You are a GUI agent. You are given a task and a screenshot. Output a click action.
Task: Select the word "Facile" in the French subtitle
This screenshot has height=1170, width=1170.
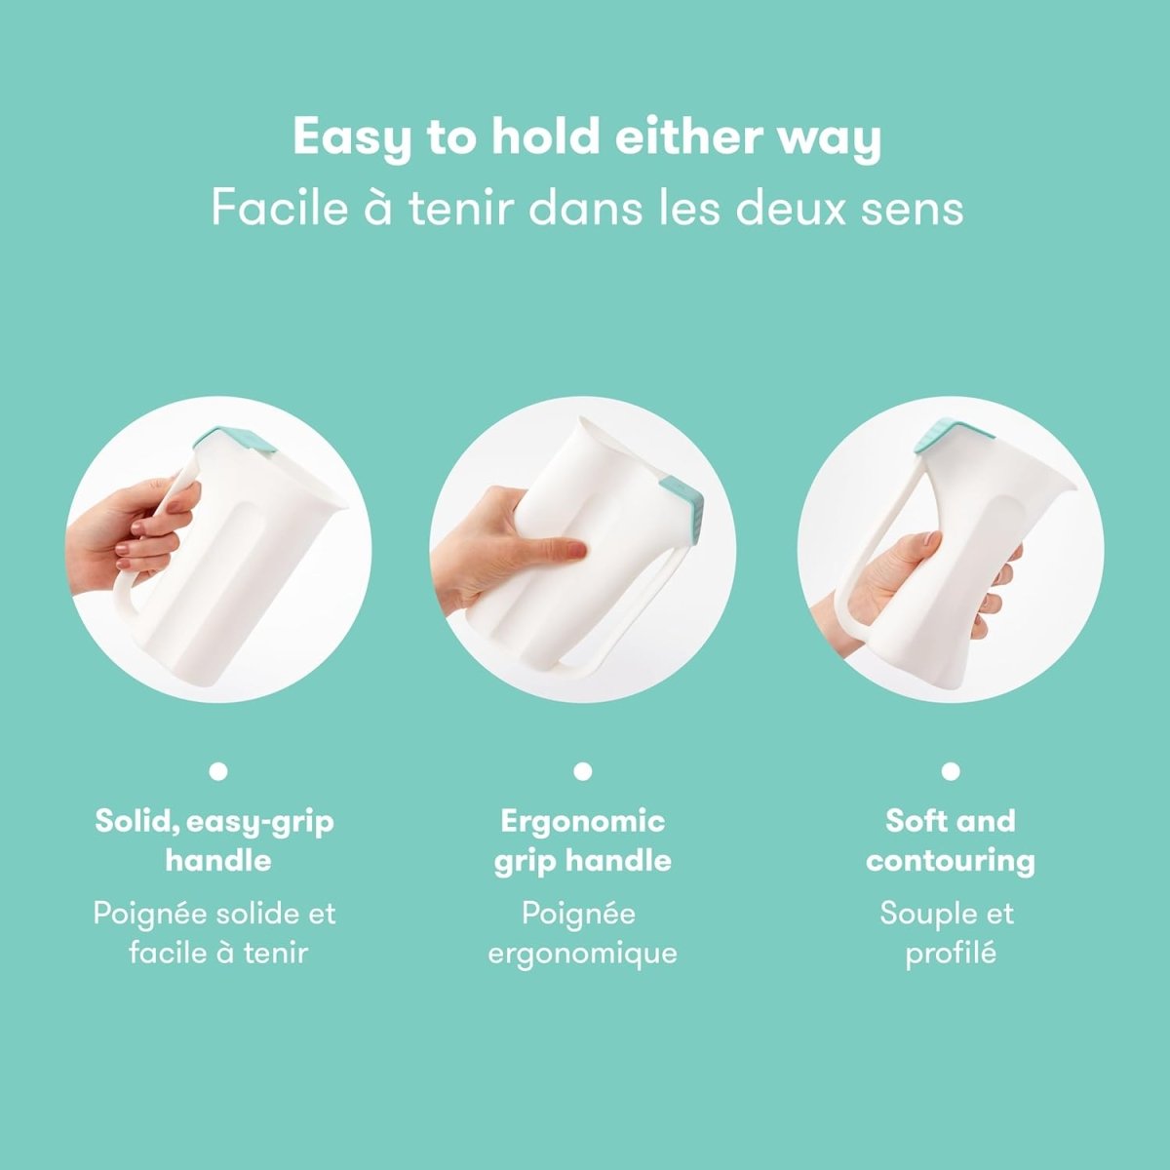tap(279, 208)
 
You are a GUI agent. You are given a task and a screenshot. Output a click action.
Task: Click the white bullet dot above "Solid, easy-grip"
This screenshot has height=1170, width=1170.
tap(218, 771)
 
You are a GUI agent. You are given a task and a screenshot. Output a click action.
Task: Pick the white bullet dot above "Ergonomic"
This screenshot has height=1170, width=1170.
tap(583, 771)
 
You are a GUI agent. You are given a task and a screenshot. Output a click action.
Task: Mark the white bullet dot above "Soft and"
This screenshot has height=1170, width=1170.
tap(951, 771)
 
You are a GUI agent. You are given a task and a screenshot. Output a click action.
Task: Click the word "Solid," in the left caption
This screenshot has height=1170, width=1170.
tap(136, 821)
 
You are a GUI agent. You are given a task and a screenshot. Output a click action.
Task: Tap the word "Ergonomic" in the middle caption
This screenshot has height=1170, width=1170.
tap(583, 821)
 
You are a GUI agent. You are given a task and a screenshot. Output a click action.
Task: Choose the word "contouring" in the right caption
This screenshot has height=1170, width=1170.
tap(951, 861)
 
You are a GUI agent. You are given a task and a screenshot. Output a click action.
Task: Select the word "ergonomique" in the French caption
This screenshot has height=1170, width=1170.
tap(583, 953)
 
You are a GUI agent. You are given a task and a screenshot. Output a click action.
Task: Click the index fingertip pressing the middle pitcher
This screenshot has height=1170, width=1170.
tap(575, 553)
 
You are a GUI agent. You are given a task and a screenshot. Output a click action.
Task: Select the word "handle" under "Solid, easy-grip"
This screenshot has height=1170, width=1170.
tap(218, 861)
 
